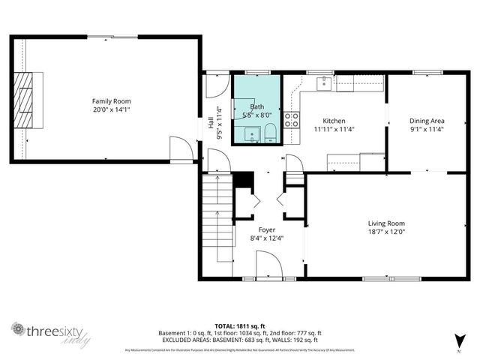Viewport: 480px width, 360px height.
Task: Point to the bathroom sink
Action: click(x=253, y=134)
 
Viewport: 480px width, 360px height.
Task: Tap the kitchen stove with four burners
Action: click(x=292, y=121)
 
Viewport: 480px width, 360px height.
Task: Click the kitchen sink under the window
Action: click(x=324, y=83)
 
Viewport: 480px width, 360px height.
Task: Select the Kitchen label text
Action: click(x=334, y=120)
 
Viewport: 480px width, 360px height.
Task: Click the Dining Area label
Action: click(x=427, y=120)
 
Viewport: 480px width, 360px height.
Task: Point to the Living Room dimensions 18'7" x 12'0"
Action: click(x=386, y=232)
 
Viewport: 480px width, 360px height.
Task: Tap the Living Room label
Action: click(x=386, y=223)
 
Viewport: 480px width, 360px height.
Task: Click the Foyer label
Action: click(x=266, y=229)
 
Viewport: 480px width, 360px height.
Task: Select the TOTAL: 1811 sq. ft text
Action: click(x=240, y=326)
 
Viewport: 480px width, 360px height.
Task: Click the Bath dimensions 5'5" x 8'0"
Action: click(x=257, y=115)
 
